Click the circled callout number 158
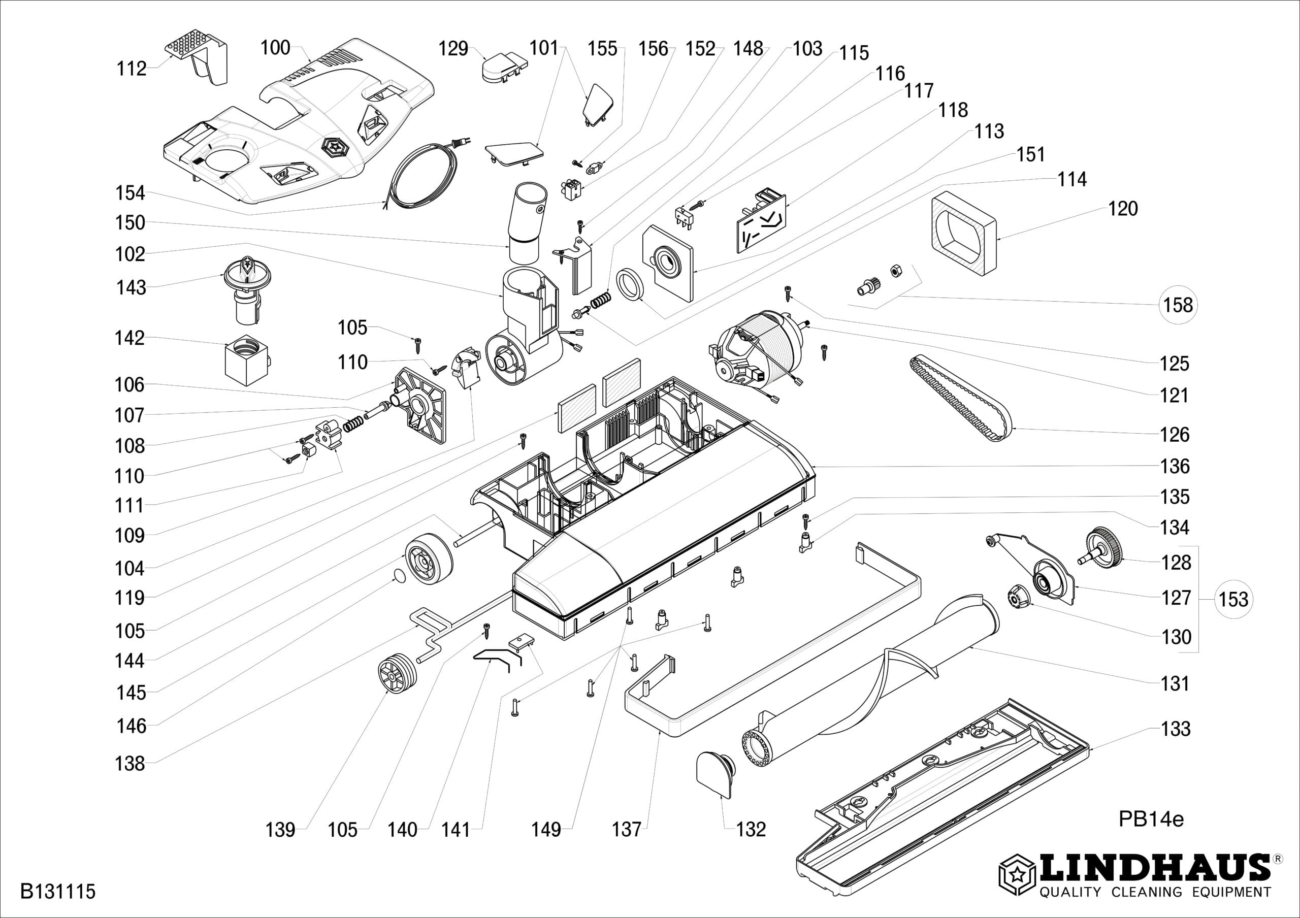(x=1178, y=305)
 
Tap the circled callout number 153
(x=1233, y=599)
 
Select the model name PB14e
(x=1151, y=819)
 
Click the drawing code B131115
(x=58, y=892)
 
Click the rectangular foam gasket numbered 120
(x=962, y=233)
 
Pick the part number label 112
(x=132, y=69)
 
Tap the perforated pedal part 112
(x=198, y=56)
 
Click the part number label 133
(x=1176, y=729)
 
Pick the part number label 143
(x=131, y=287)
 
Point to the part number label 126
(x=1174, y=435)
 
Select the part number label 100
(x=275, y=48)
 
